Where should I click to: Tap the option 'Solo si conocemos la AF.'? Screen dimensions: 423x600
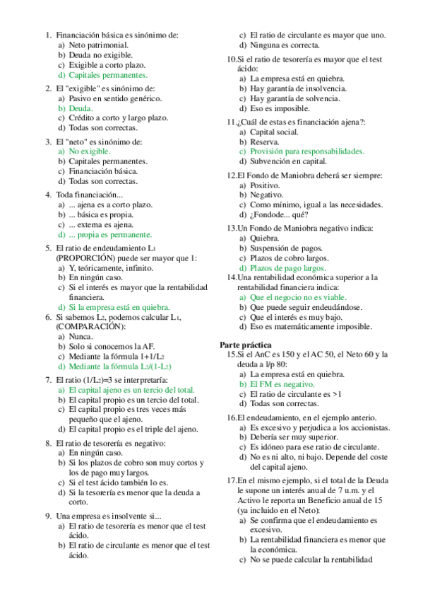tap(113, 347)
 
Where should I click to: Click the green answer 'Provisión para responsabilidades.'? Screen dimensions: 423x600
tap(306, 151)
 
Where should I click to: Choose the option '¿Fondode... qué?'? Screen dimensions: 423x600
tap(279, 214)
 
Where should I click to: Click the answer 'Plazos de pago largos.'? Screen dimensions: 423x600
tap(287, 268)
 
